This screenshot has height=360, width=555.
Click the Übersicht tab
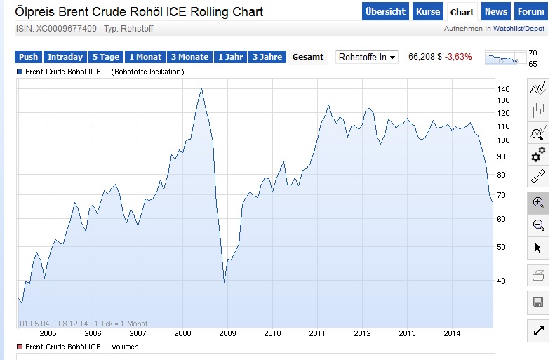pyautogui.click(x=386, y=12)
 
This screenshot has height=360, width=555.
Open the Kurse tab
pyautogui.click(x=428, y=12)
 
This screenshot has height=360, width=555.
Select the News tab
pyautogui.click(x=496, y=12)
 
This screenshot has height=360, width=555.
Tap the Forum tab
pyautogui.click(x=530, y=12)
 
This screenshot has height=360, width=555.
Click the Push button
pyautogui.click(x=29, y=57)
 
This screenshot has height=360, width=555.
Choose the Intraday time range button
pyautogui.click(x=66, y=57)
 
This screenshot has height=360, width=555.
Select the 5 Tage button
pyautogui.click(x=106, y=57)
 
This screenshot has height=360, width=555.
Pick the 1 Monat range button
pyautogui.click(x=145, y=57)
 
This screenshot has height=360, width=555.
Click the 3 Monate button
pyautogui.click(x=189, y=57)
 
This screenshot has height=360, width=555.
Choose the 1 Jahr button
pyautogui.click(x=231, y=57)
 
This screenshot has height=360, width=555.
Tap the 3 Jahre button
pyautogui.click(x=267, y=57)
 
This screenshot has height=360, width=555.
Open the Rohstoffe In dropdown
pyautogui.click(x=367, y=57)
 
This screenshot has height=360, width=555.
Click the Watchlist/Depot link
pyautogui.click(x=519, y=29)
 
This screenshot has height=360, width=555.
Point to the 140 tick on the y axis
pyautogui.click(x=504, y=89)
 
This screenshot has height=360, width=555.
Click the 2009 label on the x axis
pyautogui.click(x=228, y=333)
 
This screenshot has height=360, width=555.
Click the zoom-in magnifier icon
pyautogui.click(x=538, y=203)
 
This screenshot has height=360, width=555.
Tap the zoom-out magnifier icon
pyautogui.click(x=538, y=225)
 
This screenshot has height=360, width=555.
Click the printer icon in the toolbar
pyautogui.click(x=538, y=276)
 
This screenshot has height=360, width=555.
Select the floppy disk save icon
pyautogui.click(x=538, y=302)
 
